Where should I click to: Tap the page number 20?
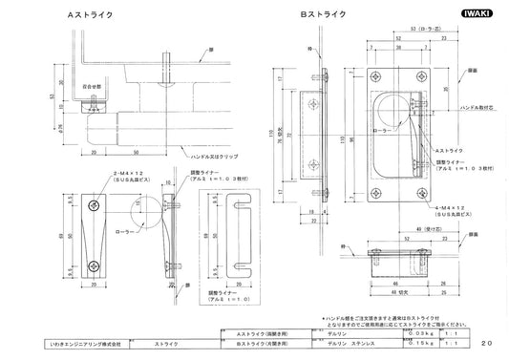[x=487, y=341]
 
